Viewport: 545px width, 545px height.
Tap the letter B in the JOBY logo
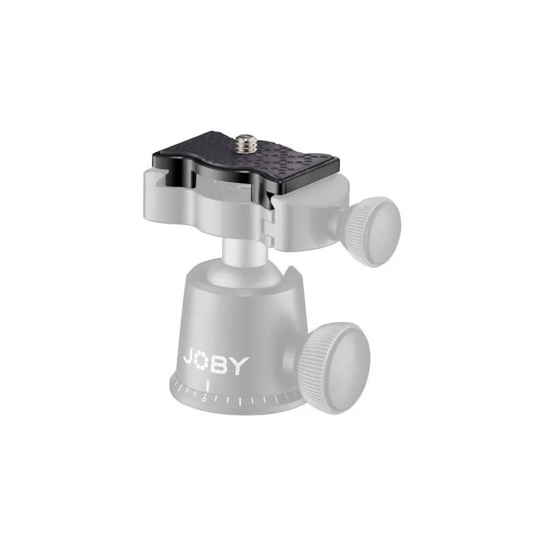[219, 365]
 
